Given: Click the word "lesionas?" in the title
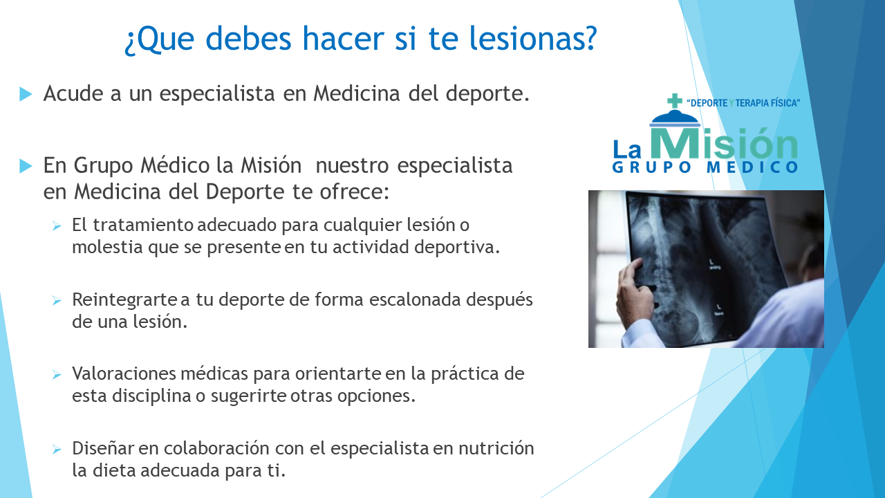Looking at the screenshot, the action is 533,38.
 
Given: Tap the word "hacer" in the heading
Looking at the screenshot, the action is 344,38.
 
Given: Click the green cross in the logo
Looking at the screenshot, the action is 674,100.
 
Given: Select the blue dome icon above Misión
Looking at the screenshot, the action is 675,118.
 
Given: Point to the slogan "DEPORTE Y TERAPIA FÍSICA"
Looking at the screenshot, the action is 743,103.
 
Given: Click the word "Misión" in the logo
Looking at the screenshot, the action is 724,142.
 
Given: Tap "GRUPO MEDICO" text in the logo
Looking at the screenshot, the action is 705,167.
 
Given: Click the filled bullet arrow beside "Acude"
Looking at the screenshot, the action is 26,94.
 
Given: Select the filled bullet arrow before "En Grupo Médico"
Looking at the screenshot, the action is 26,166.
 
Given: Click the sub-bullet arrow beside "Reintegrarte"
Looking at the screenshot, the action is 57,301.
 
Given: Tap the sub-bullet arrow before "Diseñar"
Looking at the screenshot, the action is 57,450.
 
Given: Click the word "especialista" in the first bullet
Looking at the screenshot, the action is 217,94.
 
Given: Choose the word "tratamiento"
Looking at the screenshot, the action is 143,225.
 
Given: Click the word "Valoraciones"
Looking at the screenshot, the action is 124,373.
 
